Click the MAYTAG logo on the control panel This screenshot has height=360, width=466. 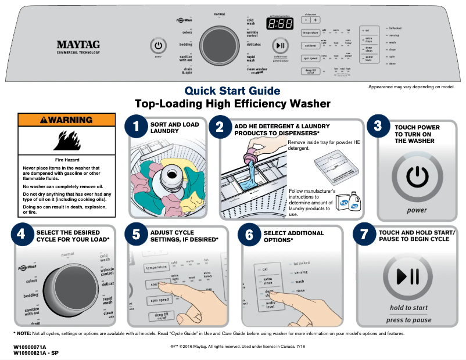(78, 44)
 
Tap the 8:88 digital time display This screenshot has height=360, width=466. (279, 24)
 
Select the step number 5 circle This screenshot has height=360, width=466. (137, 235)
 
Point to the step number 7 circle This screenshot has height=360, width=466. (364, 235)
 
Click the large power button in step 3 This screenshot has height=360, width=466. (416, 175)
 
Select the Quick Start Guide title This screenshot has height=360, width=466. (232, 91)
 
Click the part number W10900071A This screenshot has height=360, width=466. (30, 347)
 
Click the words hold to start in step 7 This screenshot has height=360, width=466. (409, 308)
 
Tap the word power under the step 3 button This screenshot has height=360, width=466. (416, 210)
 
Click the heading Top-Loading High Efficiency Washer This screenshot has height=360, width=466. (232, 105)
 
